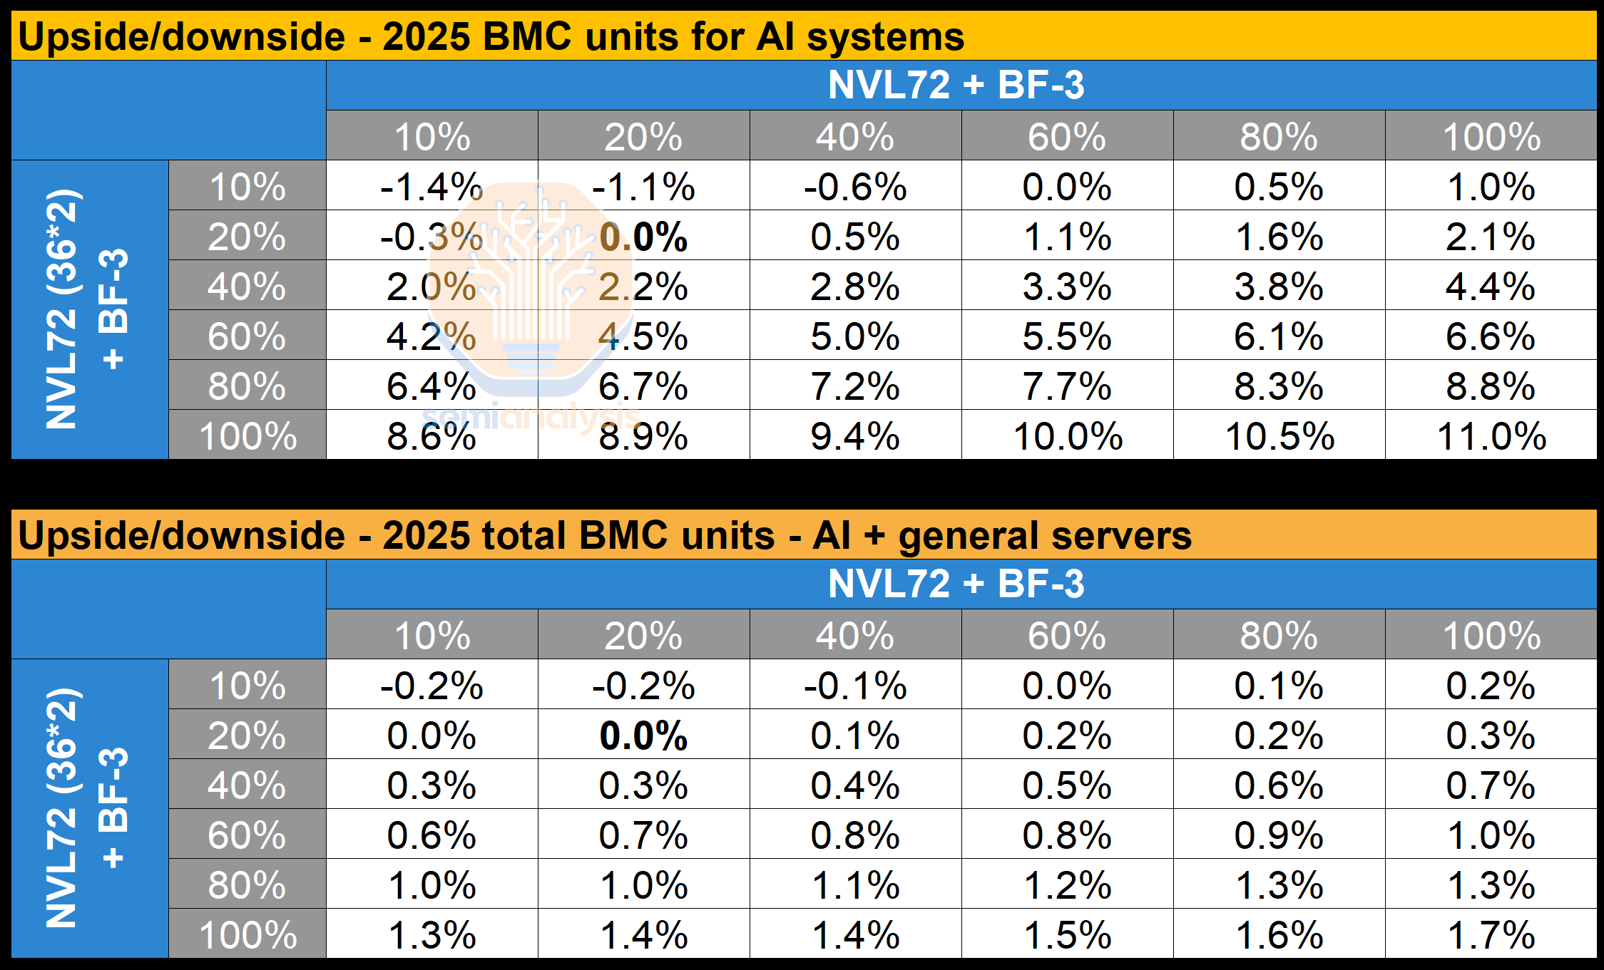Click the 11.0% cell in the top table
coord(1491,436)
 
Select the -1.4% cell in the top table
coord(431,187)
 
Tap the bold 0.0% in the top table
coord(643,237)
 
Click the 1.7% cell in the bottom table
coord(1491,935)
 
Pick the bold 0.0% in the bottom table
coord(643,736)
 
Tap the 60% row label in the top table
coord(247,336)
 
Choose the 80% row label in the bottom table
coord(247,885)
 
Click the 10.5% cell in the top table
coord(1279,436)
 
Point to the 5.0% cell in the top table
coord(854,336)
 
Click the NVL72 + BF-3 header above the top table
coord(956,86)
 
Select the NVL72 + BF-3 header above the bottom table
coord(956,584)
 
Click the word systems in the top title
coord(885,37)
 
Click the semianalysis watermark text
coord(531,416)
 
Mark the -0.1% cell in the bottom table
coord(854,686)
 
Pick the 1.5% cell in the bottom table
coord(1067,935)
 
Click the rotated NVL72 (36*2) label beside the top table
coord(62,309)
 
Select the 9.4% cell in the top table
coord(854,436)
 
